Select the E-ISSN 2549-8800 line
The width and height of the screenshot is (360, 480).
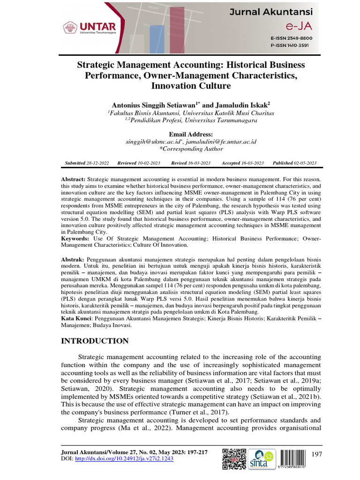tap(291, 37)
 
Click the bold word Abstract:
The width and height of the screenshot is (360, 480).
tap(74, 180)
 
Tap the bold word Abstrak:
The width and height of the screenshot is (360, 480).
tap(73, 259)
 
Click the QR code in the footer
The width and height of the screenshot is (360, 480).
tap(234, 459)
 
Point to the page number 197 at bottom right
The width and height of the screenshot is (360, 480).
tap(317, 454)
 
